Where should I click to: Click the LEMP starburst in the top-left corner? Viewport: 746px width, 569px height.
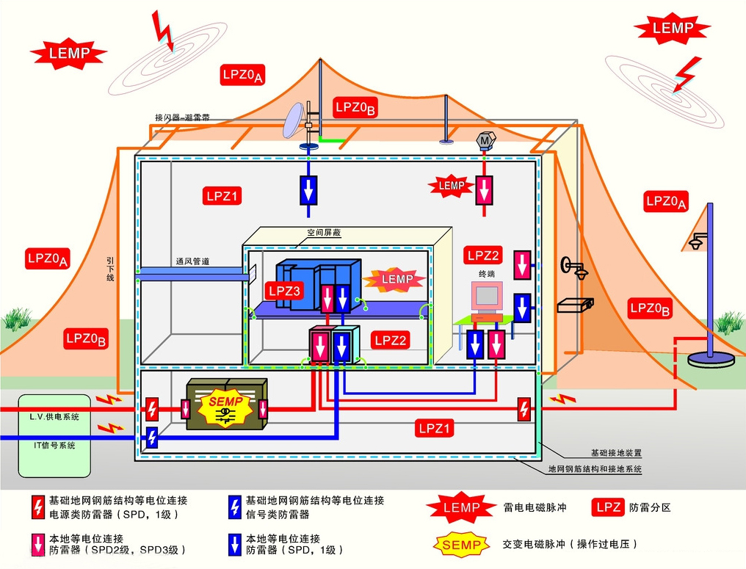[x=68, y=54]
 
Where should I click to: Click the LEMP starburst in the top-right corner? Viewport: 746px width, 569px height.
[x=672, y=29]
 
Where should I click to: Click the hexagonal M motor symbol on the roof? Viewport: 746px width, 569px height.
[x=485, y=139]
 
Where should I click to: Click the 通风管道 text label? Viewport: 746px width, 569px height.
[x=192, y=261]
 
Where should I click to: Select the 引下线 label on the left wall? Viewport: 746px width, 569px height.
[x=111, y=269]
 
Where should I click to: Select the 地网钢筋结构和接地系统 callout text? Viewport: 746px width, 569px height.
[x=595, y=468]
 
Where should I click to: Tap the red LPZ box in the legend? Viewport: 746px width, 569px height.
[x=609, y=507]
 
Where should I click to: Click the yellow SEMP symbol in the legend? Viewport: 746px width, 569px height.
[x=462, y=545]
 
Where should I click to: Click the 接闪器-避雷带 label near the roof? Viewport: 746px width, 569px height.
[x=182, y=117]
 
